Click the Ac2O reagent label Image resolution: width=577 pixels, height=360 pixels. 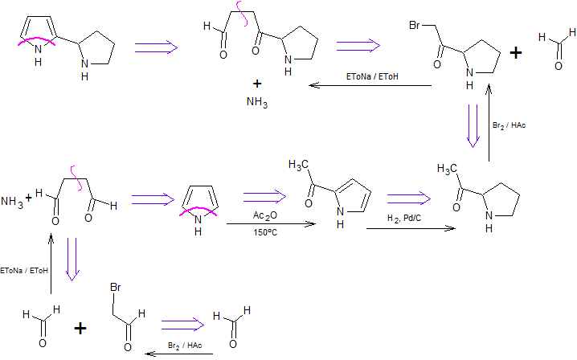265,215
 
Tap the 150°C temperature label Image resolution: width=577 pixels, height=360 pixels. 265,233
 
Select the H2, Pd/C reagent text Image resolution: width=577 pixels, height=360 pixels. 404,219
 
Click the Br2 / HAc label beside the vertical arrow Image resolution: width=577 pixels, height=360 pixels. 509,125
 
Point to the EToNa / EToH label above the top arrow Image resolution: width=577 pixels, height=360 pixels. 372,76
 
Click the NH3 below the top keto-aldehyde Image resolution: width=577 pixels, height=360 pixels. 257,101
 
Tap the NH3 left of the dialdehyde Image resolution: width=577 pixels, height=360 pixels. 12,202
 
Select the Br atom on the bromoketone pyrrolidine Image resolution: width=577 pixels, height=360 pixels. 415,25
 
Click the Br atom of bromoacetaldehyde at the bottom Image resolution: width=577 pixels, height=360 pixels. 115,287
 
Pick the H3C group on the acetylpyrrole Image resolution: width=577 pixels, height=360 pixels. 298,165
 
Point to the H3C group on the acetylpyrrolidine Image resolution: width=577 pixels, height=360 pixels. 447,169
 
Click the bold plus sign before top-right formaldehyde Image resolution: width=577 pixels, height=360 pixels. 516,53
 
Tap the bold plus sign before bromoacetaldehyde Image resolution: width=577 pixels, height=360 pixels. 80,328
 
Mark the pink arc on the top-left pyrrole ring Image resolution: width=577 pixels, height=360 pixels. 37,39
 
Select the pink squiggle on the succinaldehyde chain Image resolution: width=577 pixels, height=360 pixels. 76,178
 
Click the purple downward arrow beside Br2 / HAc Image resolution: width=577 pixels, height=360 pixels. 473,126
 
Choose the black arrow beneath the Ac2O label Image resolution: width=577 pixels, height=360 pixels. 271,224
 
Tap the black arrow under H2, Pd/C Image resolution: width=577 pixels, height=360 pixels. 411,228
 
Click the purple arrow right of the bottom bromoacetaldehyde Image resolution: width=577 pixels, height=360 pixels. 182,325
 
